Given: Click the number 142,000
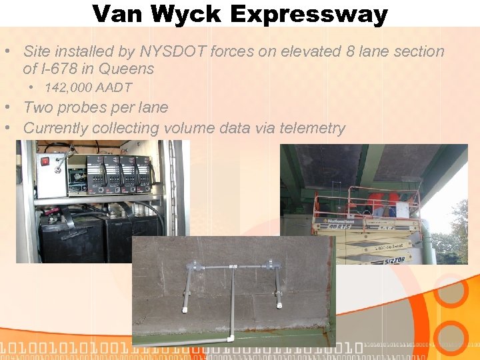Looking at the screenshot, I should (68, 87).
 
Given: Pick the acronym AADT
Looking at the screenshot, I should (113, 87).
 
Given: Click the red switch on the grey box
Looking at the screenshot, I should (45, 161).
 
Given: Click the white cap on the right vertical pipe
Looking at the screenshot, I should (277, 305).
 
